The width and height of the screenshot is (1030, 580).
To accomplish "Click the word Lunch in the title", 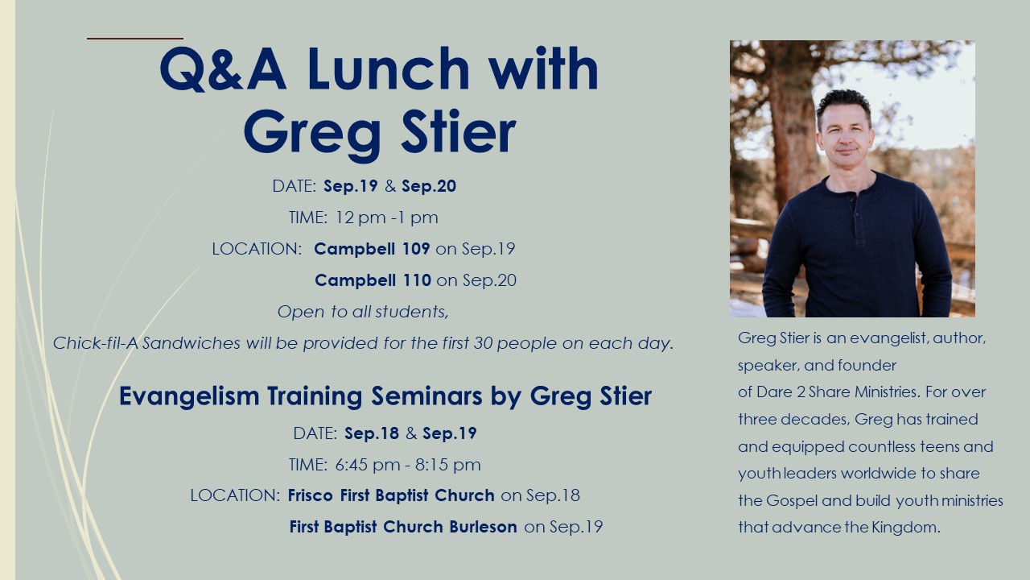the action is (388, 68).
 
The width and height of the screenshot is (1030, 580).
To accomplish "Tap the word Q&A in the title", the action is (223, 68).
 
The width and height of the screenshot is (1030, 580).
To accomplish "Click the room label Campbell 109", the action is (372, 249).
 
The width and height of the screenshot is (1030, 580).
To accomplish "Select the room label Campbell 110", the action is (373, 280).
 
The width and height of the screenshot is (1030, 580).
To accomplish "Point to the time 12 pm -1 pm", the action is (387, 217).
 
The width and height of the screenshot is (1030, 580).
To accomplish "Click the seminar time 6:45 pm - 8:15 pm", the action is (408, 465).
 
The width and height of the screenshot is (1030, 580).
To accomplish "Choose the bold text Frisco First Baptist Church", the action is (391, 495).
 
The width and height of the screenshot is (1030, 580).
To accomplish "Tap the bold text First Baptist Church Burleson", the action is (403, 527).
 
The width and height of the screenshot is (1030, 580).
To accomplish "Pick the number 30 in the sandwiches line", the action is (483, 343).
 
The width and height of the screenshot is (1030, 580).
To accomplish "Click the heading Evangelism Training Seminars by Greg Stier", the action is (385, 396).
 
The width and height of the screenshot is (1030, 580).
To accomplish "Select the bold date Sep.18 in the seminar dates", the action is (372, 433).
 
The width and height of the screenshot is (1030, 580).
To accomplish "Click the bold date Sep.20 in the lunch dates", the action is (429, 186).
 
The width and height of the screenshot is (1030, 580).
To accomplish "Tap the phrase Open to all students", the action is (363, 312).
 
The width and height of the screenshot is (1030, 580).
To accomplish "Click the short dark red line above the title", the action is (135, 39).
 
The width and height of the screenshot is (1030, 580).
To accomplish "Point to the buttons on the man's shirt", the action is (855, 213).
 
